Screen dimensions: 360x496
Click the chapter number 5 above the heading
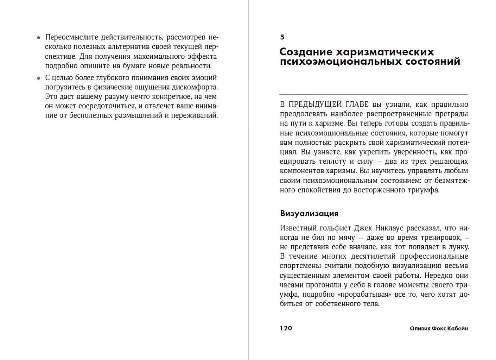point(282,37)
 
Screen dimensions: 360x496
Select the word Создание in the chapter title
point(306,52)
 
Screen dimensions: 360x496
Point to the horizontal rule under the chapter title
point(374,94)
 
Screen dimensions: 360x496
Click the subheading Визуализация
point(309,213)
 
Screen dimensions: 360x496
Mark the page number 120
point(286,328)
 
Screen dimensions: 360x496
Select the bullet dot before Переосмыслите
point(39,38)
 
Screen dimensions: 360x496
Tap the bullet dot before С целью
point(39,78)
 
